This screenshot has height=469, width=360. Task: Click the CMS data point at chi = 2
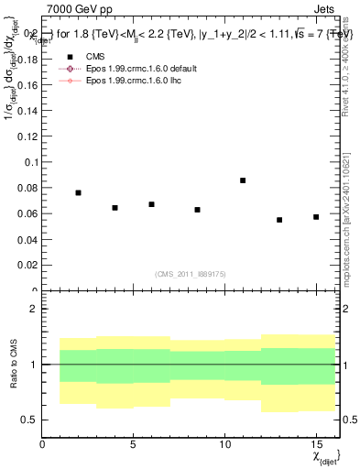pos(79,193)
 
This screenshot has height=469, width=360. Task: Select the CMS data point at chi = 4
pos(115,208)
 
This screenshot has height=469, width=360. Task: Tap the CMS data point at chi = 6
pos(151,204)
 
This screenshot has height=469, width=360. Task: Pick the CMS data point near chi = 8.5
pos(197,210)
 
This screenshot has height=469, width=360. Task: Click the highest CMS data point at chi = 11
pos(243,180)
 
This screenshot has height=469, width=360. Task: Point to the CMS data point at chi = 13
pos(279,220)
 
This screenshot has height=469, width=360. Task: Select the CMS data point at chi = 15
pos(316,217)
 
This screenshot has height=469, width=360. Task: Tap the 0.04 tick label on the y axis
pos(27,240)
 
